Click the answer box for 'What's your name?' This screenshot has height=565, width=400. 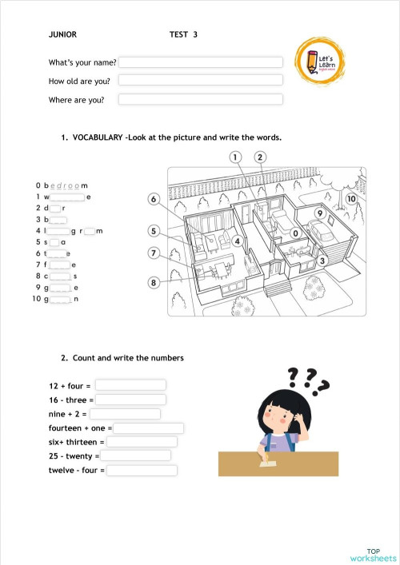pyautogui.click(x=201, y=62)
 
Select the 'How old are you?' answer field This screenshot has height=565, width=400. pyautogui.click(x=201, y=80)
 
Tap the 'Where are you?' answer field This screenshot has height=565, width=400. pyautogui.click(x=201, y=100)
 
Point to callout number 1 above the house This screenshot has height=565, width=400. pyautogui.click(x=236, y=157)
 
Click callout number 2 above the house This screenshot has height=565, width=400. pyautogui.click(x=261, y=157)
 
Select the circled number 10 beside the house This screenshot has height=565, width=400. pyautogui.click(x=350, y=198)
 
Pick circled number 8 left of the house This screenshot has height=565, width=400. pyautogui.click(x=154, y=282)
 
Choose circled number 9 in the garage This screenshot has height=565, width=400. pyautogui.click(x=318, y=214)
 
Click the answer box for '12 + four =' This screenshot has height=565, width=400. pyautogui.click(x=130, y=385)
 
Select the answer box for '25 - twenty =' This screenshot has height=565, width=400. pyautogui.click(x=136, y=456)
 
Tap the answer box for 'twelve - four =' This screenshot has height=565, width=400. pyautogui.click(x=142, y=470)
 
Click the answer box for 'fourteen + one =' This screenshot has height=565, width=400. pyautogui.click(x=149, y=428)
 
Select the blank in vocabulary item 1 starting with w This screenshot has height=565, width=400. pyautogui.click(x=68, y=197)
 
